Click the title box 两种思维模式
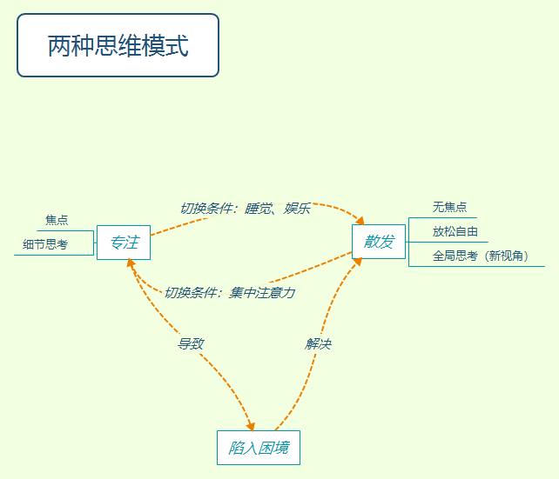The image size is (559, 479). (x=118, y=46)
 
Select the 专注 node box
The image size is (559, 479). (x=124, y=243)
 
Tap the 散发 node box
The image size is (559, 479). (x=379, y=242)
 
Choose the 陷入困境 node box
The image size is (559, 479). (x=259, y=448)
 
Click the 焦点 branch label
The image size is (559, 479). (x=57, y=221)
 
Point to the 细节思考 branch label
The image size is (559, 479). (x=45, y=244)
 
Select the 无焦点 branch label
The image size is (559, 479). (x=449, y=207)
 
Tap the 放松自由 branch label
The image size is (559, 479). (x=455, y=231)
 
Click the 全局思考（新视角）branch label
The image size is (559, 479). (x=481, y=256)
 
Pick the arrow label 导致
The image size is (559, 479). (x=191, y=343)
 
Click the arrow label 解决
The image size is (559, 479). (x=318, y=344)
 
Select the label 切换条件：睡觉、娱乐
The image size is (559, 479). (x=245, y=209)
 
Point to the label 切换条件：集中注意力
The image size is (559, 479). (x=229, y=293)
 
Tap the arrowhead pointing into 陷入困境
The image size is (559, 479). (x=251, y=426)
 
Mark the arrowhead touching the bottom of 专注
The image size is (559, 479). (x=131, y=263)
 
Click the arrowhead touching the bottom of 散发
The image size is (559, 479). (x=359, y=263)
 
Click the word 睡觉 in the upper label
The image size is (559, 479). (x=259, y=209)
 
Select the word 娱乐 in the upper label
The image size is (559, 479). (x=297, y=209)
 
